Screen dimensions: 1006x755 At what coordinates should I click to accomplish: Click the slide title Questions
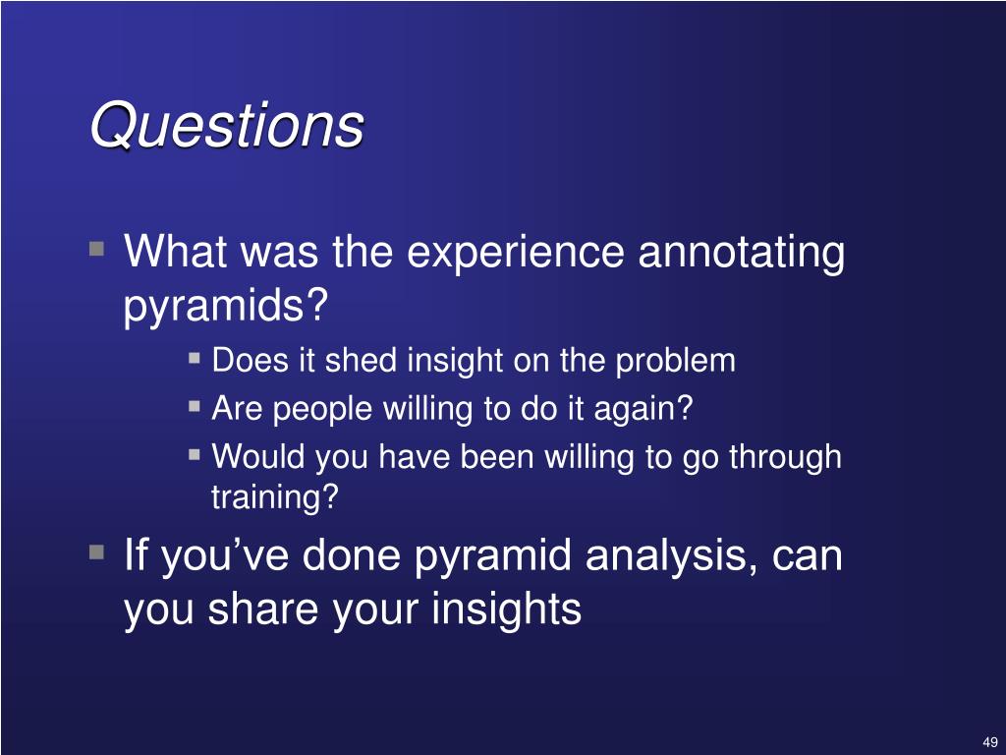point(227,125)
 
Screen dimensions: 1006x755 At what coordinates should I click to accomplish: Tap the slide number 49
point(990,741)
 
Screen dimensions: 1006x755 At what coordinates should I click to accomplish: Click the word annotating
point(741,253)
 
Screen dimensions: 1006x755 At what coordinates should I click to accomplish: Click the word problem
point(675,362)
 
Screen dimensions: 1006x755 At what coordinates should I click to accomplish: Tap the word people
point(322,410)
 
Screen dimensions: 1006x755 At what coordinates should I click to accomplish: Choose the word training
point(274,497)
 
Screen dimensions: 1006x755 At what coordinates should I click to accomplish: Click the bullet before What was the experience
point(97,249)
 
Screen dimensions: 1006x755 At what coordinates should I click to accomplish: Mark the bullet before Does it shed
point(195,357)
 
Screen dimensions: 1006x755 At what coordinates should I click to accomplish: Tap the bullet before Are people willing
point(195,406)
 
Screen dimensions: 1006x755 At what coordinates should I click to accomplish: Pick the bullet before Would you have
point(195,454)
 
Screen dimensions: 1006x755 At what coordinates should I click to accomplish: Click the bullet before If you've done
point(97,552)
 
